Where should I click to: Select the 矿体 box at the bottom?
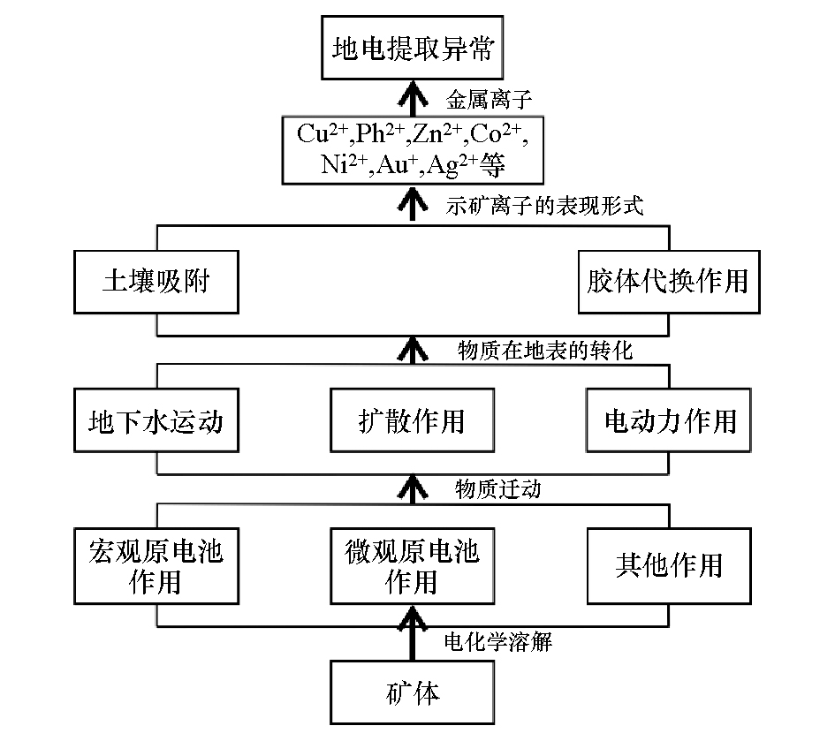click(413, 692)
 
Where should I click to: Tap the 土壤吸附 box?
click(156, 281)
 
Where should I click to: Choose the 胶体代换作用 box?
click(667, 281)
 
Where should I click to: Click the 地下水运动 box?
click(156, 420)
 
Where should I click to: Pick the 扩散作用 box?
click(412, 420)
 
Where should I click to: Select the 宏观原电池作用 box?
click(156, 566)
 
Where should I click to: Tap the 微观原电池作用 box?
click(412, 566)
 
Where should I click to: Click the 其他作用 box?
click(668, 564)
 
